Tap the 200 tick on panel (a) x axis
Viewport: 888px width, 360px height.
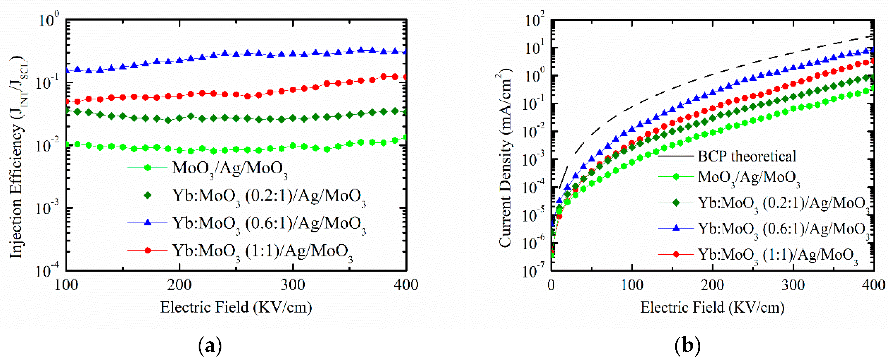point(179,285)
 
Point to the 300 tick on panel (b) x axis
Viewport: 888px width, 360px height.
point(793,285)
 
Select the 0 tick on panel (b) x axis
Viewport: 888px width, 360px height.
point(551,285)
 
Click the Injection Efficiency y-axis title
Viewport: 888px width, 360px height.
point(17,157)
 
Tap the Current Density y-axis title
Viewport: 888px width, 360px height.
point(505,157)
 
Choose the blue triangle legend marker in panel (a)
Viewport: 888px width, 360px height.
point(147,223)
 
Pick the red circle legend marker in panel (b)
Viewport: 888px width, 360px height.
point(676,254)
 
